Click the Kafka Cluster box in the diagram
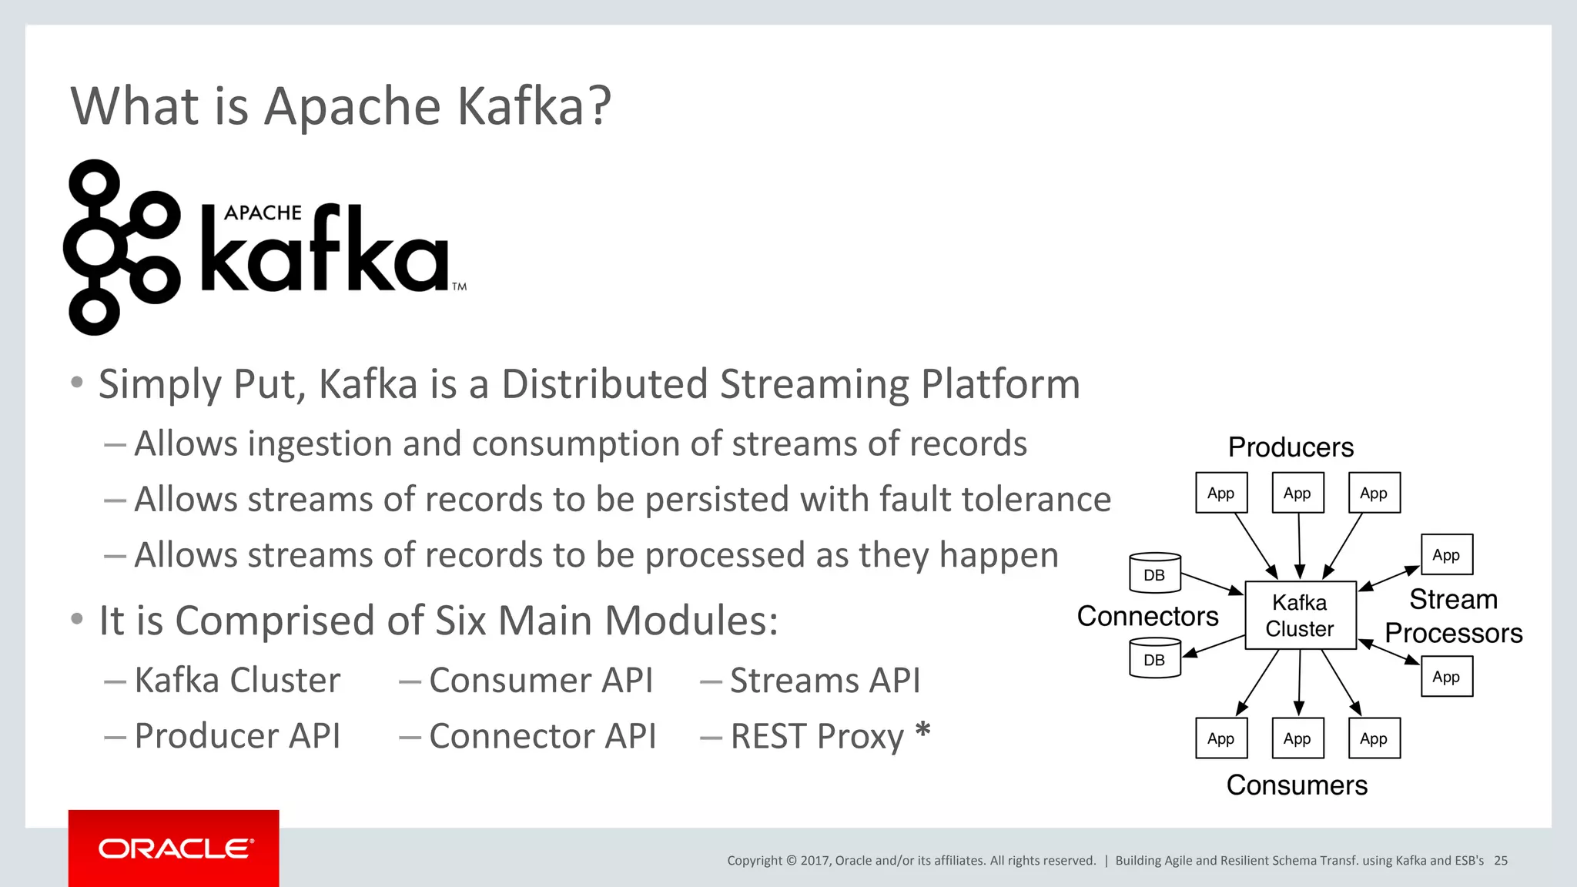tap(1300, 615)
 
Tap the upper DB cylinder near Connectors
tap(1154, 574)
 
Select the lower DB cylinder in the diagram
tap(1154, 658)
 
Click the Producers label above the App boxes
tap(1291, 447)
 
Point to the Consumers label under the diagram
tap(1297, 785)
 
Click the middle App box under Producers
tap(1297, 493)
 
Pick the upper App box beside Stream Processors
tap(1446, 554)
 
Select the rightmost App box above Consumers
tap(1374, 738)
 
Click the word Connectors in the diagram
tap(1147, 616)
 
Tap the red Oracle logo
tap(174, 849)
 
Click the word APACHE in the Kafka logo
tap(263, 213)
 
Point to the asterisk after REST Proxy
tap(922, 730)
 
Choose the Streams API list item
tap(824, 681)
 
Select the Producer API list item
tap(236, 736)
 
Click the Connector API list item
tap(542, 736)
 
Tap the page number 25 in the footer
tap(1501, 861)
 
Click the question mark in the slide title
tap(598, 105)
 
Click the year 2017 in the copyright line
tap(815, 861)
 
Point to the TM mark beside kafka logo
tap(460, 286)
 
